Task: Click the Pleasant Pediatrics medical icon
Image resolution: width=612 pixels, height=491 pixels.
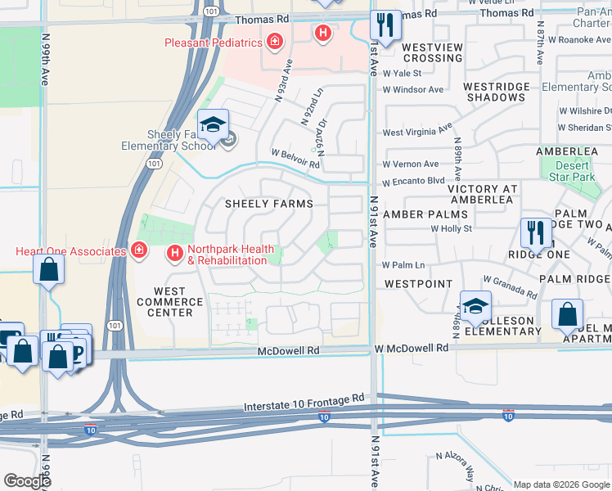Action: coord(275,42)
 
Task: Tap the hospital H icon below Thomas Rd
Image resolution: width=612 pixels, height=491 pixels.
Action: coord(323,33)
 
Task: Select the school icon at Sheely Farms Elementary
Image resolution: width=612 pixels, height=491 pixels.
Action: coord(213,125)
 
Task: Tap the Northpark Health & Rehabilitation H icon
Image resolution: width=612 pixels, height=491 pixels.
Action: coord(174,255)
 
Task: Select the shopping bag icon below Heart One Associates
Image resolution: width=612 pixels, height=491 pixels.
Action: coord(49,269)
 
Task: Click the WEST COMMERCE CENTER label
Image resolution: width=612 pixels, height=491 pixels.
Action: coord(169,301)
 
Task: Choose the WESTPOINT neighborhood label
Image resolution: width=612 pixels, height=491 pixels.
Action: coord(418,284)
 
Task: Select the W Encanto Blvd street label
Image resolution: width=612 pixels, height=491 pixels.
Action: coord(413,182)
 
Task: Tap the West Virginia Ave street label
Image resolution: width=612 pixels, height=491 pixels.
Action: coord(417,130)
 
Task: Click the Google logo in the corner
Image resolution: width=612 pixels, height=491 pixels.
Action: coord(27,481)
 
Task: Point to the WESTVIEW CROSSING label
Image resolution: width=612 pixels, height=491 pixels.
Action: coord(432,52)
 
